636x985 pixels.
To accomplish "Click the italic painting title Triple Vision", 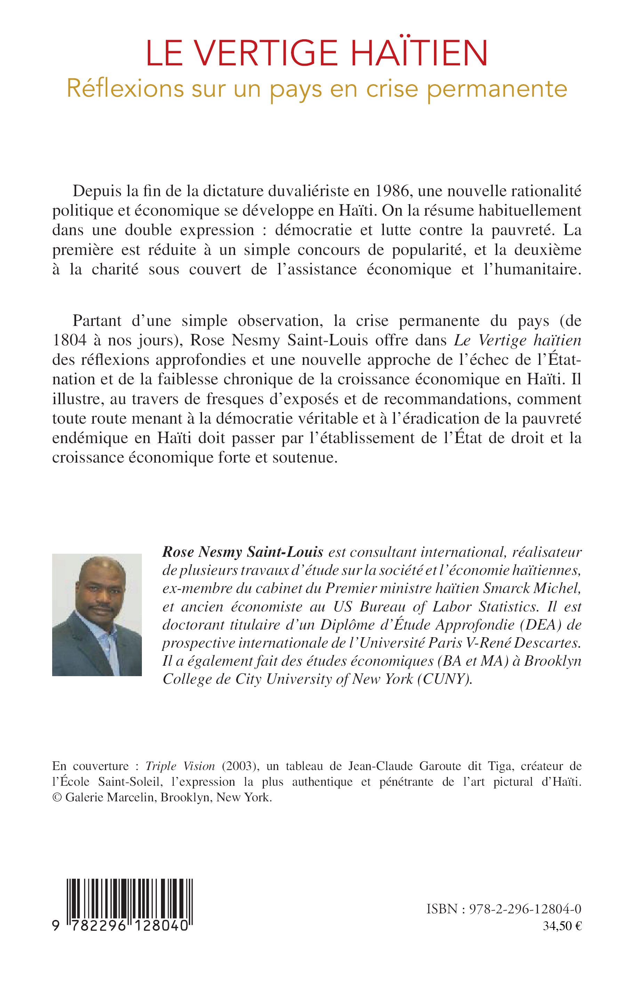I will (180, 766).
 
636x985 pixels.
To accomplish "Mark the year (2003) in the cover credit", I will (240, 766).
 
